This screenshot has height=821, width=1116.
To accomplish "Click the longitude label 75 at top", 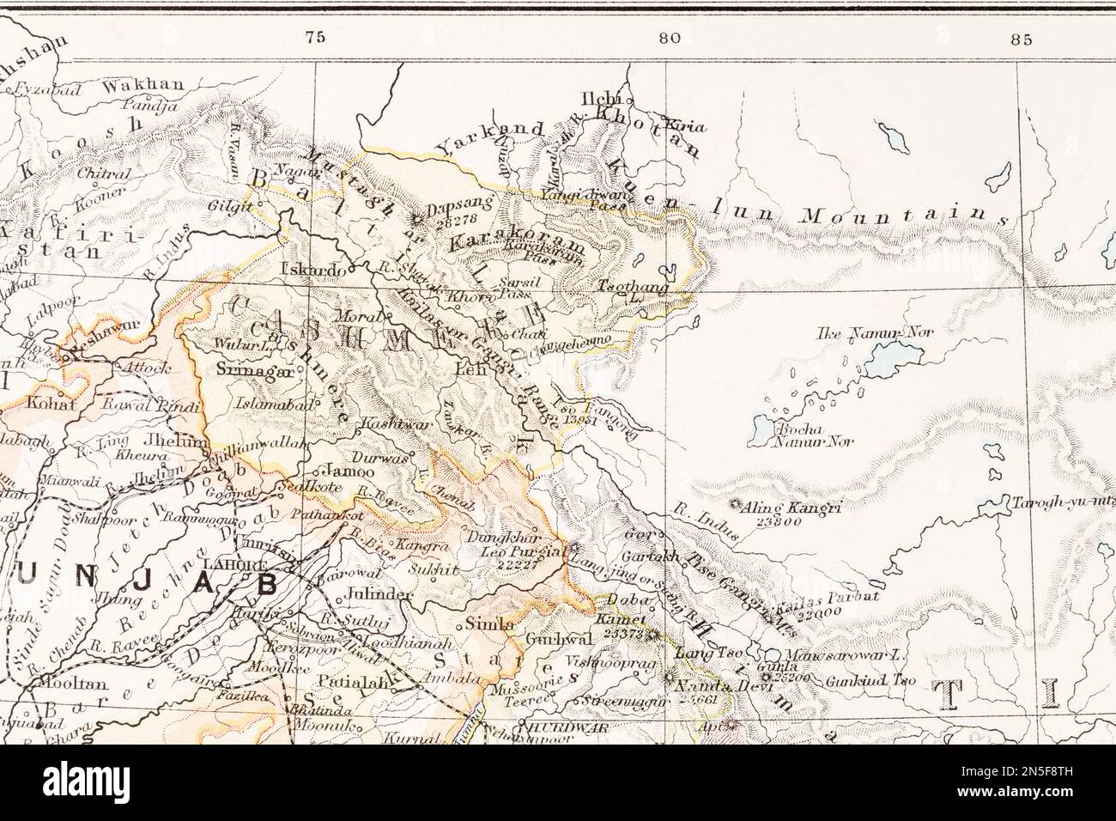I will click(315, 37).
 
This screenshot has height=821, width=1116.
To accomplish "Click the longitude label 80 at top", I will click(670, 37).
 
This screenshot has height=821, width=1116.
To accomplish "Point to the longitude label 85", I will click(1021, 38).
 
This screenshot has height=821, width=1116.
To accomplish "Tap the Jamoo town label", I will click(349, 471).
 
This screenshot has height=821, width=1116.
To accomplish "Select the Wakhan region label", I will click(143, 85).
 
